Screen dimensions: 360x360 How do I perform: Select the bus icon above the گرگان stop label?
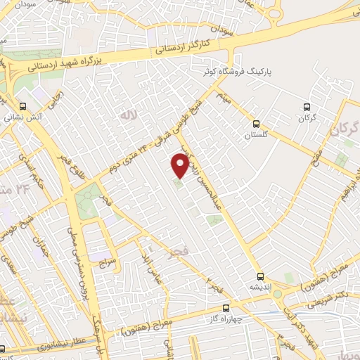point(306,107)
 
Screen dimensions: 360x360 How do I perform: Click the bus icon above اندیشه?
point(261,276)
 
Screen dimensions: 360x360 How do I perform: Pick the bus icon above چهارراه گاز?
point(226,307)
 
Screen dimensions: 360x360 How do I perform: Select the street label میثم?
point(224,96)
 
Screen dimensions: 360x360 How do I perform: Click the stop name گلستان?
point(257,117)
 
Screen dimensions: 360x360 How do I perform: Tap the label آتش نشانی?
point(25,118)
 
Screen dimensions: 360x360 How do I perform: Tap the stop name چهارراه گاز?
point(226,319)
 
